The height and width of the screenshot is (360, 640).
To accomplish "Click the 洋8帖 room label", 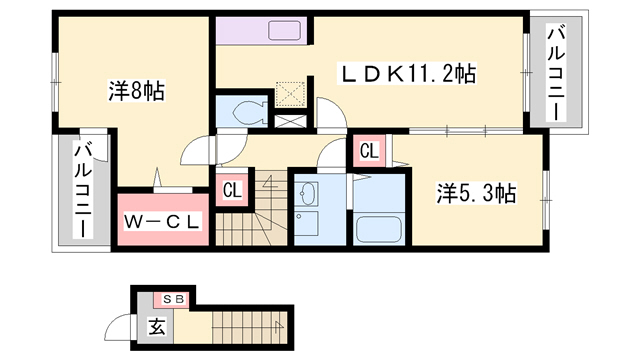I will click(137, 91).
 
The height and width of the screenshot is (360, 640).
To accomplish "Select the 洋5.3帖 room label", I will click(476, 192).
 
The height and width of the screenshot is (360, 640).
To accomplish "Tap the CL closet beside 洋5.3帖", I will click(368, 152).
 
